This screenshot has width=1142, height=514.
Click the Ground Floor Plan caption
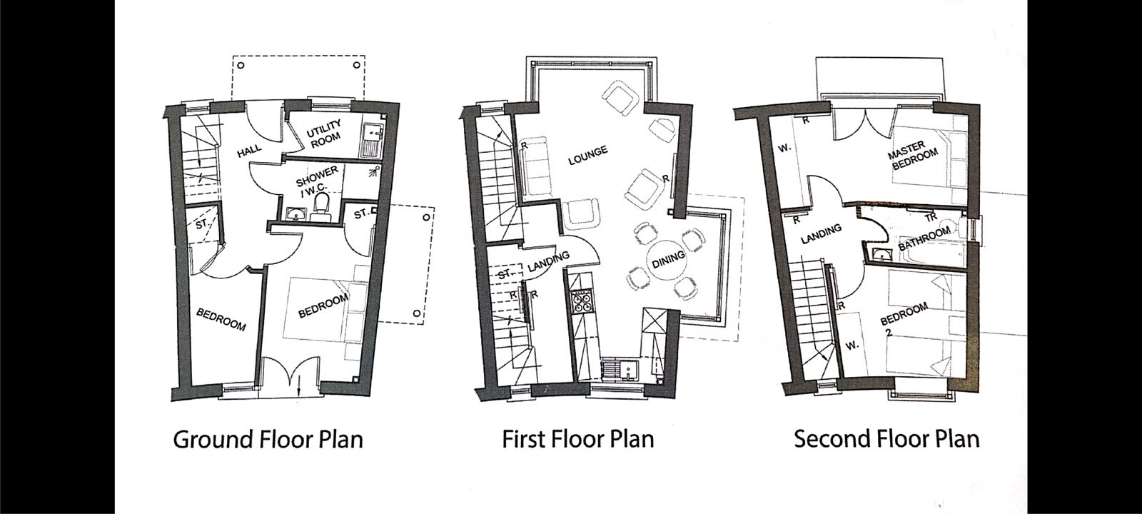coord(268,440)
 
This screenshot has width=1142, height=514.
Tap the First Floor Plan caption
coord(577,439)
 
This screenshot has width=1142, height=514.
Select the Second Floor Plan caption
coord(886,439)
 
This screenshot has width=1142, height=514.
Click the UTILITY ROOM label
coord(323,134)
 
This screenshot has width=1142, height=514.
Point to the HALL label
coord(249,151)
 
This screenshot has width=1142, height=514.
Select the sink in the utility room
coord(372,138)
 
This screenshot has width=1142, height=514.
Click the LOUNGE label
coord(588,155)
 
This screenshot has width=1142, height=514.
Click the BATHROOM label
coord(924,238)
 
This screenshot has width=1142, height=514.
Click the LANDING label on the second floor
coord(821,235)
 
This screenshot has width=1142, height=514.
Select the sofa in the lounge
coord(536,166)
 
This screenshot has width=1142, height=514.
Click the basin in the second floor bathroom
coord(879,253)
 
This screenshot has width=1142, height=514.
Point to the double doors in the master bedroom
coord(863,124)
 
